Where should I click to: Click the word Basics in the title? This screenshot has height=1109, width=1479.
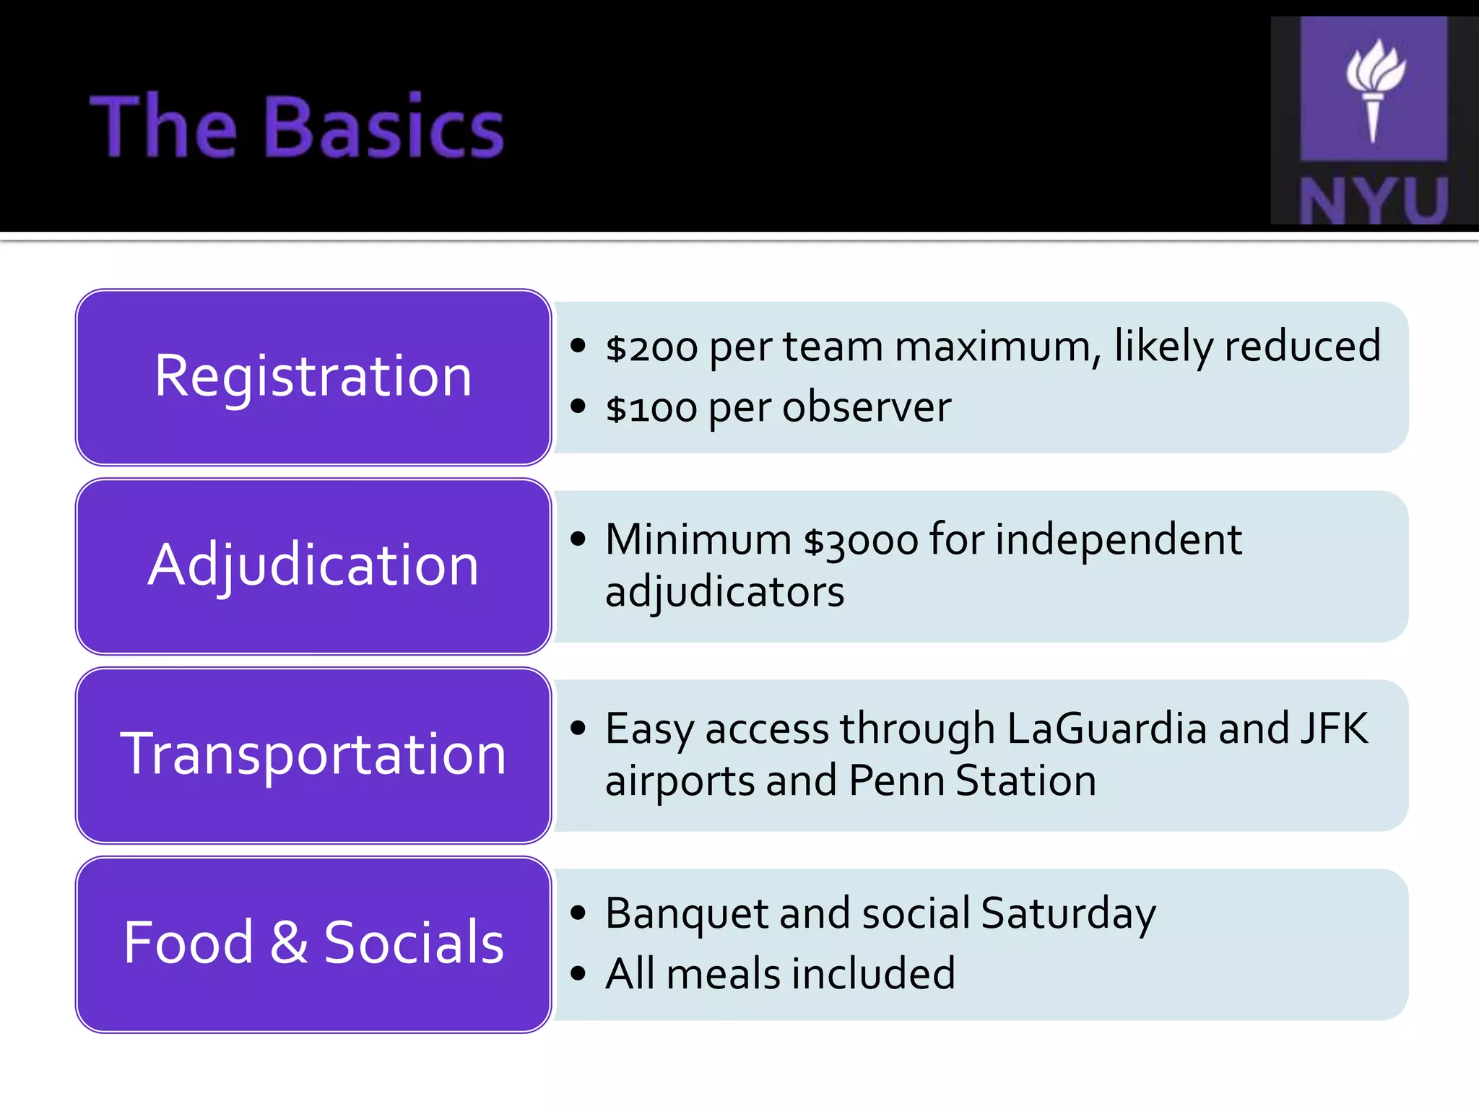pyautogui.click(x=387, y=127)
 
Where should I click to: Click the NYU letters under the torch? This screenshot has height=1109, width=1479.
pyautogui.click(x=1374, y=200)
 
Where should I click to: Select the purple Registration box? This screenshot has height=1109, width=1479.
pyautogui.click(x=313, y=377)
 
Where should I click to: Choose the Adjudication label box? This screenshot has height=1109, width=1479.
pyautogui.click(x=313, y=566)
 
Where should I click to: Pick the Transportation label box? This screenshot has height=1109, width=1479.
pyautogui.click(x=313, y=755)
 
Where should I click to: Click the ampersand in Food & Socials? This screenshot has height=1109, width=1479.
pyautogui.click(x=288, y=943)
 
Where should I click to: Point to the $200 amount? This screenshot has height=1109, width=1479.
pyautogui.click(x=651, y=348)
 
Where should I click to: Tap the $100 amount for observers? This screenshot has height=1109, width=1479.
pyautogui.click(x=651, y=409)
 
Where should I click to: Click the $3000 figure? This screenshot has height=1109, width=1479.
pyautogui.click(x=861, y=540)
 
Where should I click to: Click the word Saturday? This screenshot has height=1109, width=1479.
pyautogui.click(x=1069, y=914)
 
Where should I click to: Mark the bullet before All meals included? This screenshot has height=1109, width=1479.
pyautogui.click(x=578, y=973)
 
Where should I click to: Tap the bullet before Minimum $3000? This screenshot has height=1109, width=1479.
pyautogui.click(x=578, y=539)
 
